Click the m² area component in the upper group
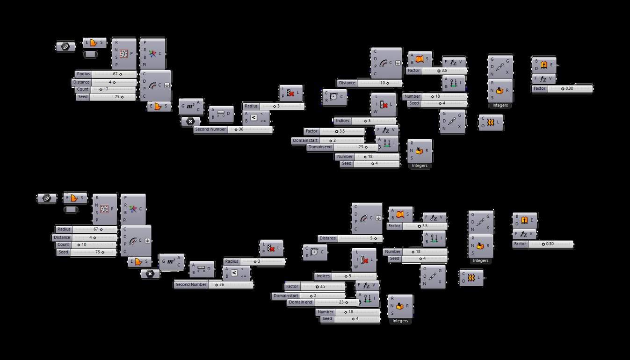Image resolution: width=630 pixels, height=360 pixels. click(191, 107)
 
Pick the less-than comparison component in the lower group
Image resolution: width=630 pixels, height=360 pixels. click(234, 273)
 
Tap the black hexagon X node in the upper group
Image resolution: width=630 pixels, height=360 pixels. click(190, 122)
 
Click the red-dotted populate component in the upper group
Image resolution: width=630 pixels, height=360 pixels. click(123, 54)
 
